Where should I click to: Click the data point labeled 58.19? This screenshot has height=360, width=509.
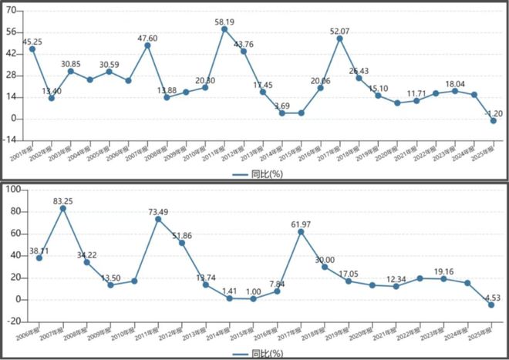(x=224, y=29)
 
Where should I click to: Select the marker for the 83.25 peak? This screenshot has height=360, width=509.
(x=63, y=208)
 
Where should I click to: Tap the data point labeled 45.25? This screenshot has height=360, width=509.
(x=32, y=49)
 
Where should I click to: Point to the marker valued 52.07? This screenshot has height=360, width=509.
(x=340, y=39)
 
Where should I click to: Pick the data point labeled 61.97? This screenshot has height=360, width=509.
(x=301, y=232)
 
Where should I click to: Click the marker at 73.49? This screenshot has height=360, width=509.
(x=158, y=219)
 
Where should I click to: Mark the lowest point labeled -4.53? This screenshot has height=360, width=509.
(x=491, y=304)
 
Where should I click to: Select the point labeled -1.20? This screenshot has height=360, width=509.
(x=493, y=121)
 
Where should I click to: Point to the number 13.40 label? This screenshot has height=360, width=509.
(x=52, y=90)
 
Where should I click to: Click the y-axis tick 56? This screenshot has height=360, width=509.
(x=12, y=32)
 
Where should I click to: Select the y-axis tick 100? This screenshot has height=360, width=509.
(x=13, y=190)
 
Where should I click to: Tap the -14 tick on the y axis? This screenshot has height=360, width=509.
(x=10, y=140)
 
